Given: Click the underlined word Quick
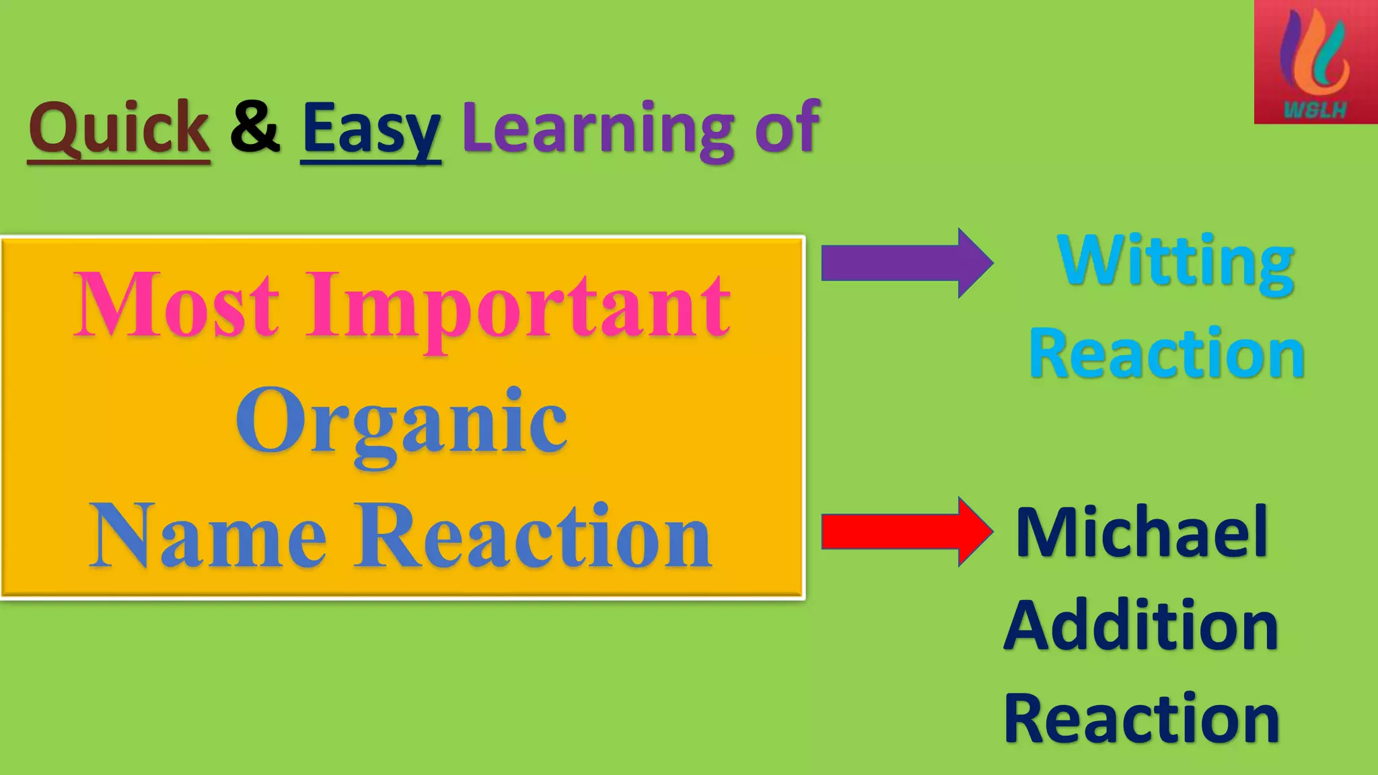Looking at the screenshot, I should (x=118, y=128).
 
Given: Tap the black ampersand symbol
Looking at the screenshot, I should (x=255, y=126).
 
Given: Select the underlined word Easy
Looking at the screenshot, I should (x=371, y=129).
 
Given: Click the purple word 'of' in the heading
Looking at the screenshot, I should (x=787, y=126).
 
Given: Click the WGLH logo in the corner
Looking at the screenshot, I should (x=1315, y=62).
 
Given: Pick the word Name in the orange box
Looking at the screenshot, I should (x=208, y=537).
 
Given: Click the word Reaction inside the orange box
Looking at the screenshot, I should (x=533, y=537).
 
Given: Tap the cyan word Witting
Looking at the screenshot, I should (x=1175, y=262).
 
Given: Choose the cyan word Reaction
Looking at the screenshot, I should (x=1167, y=354).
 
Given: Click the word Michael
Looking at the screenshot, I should (x=1142, y=533).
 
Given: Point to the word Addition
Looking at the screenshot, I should (x=1141, y=626).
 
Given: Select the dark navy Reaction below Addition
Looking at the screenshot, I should (x=1141, y=719).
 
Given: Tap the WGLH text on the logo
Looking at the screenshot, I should (x=1315, y=110).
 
